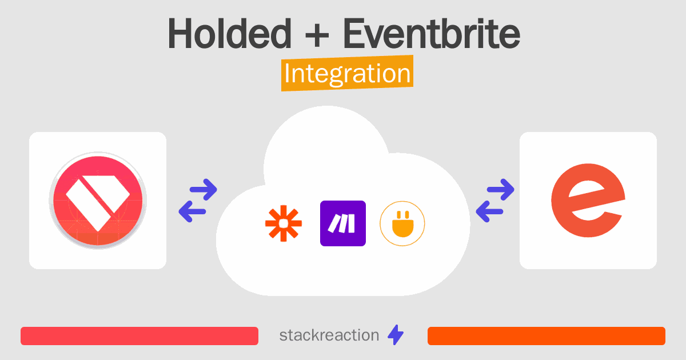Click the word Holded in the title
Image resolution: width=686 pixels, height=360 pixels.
click(230, 34)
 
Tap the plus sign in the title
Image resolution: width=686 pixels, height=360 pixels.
click(317, 36)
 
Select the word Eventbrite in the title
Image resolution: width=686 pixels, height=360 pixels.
click(432, 34)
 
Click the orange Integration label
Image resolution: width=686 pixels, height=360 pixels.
click(348, 73)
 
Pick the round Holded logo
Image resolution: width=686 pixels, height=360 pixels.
click(98, 201)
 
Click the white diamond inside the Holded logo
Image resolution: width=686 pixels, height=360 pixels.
click(98, 203)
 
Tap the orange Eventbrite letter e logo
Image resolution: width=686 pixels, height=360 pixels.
click(588, 201)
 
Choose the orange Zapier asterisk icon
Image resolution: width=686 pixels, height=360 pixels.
click(284, 223)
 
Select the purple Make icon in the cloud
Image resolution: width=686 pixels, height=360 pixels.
click(343, 223)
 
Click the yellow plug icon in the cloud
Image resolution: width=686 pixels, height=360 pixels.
click(402, 223)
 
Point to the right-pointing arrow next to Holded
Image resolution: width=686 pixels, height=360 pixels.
click(204, 190)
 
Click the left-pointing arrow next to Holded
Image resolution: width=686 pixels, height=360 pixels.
click(192, 211)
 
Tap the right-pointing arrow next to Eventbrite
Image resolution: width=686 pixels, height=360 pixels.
click(500, 190)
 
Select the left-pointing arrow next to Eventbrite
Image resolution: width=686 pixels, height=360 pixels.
click(490, 211)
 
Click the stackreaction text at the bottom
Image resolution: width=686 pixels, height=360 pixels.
click(329, 335)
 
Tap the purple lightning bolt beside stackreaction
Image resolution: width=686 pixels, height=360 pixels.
click(396, 335)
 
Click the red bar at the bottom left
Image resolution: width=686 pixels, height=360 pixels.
click(139, 336)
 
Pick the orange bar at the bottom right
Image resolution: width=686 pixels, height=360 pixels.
click(547, 336)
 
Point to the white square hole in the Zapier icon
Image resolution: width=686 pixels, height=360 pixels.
click(284, 223)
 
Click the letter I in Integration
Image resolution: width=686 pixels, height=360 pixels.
click(287, 74)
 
